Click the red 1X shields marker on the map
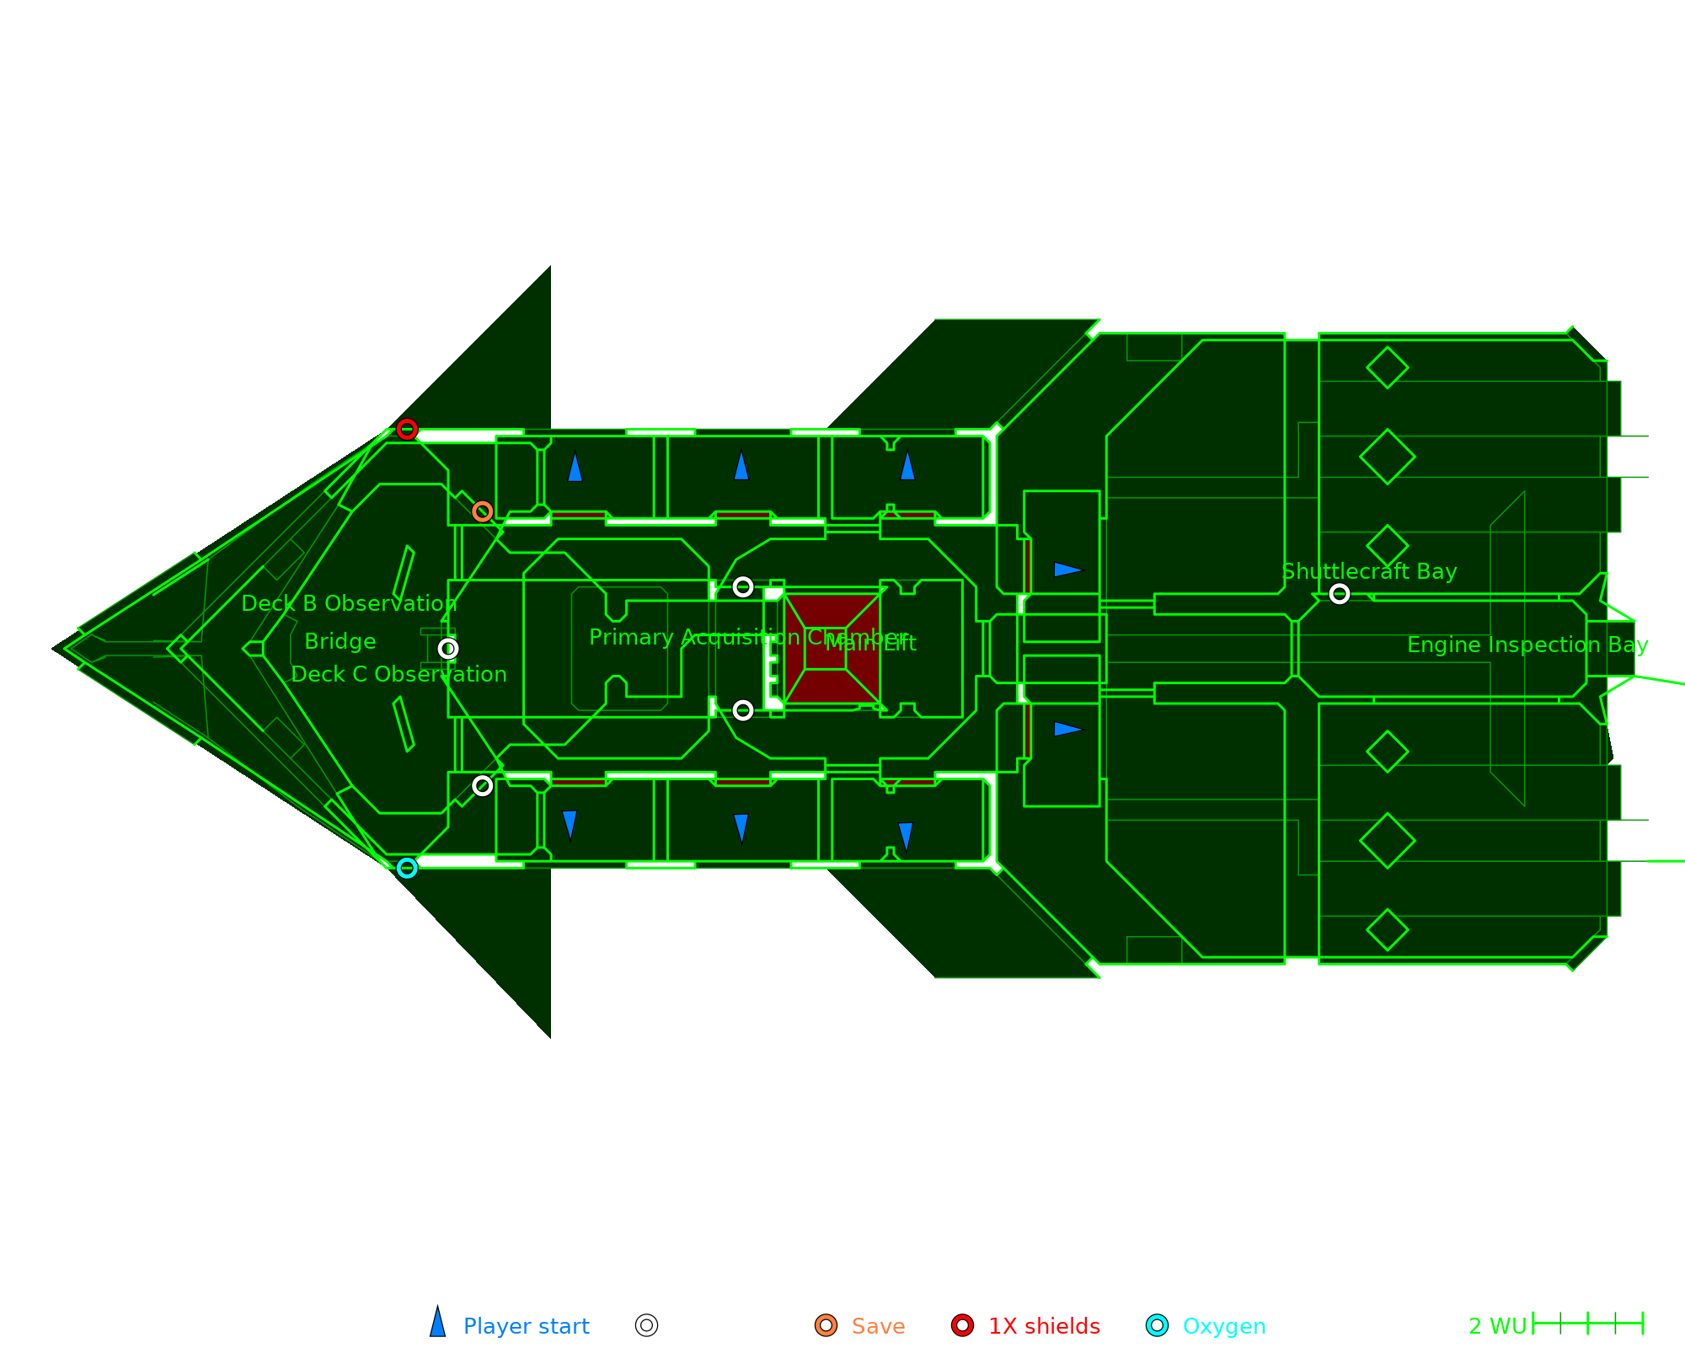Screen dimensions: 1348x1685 click(x=407, y=430)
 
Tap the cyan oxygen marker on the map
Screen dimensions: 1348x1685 click(x=407, y=868)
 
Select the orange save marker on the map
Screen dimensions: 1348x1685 click(x=482, y=511)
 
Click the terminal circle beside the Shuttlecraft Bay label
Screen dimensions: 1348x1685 click(x=1339, y=594)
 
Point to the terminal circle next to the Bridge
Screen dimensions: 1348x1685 click(x=448, y=649)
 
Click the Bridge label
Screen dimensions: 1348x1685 click(x=340, y=642)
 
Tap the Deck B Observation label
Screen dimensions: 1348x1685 click(x=349, y=604)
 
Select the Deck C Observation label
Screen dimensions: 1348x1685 click(x=399, y=675)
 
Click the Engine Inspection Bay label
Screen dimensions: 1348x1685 click(x=1527, y=645)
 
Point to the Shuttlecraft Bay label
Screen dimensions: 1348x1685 click(x=1369, y=572)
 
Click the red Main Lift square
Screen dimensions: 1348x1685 click(x=832, y=649)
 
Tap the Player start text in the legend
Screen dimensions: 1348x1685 click(x=526, y=1326)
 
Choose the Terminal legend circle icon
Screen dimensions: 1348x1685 click(x=646, y=1325)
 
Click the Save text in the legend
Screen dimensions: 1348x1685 click(x=878, y=1326)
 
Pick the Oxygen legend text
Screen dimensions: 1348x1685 click(x=1223, y=1326)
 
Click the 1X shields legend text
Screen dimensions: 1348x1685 click(x=1044, y=1326)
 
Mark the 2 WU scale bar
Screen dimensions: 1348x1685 click(x=1587, y=1324)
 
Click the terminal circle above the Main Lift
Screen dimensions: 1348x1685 click(x=742, y=586)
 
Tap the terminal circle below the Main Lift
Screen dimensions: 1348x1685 click(x=742, y=710)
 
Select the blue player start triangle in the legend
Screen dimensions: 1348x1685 click(x=437, y=1323)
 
